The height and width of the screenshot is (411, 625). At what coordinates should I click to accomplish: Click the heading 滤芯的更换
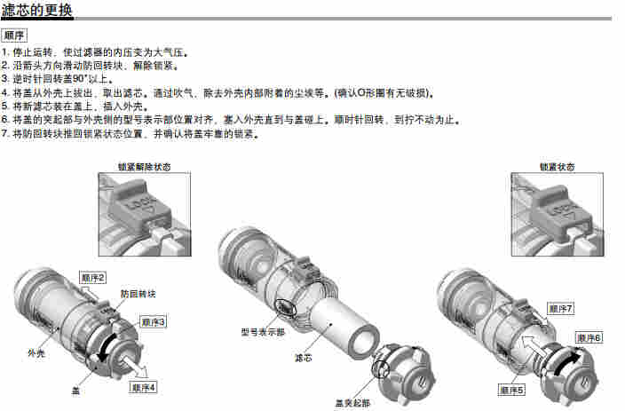point(36,11)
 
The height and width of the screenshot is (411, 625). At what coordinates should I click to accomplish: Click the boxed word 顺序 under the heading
point(14,36)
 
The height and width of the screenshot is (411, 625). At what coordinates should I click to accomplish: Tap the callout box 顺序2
point(93,278)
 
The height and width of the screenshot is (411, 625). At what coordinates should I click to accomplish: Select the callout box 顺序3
point(153,321)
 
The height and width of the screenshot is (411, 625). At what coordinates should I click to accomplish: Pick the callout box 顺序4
point(143,387)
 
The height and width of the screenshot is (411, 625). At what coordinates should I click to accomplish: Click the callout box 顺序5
point(511,390)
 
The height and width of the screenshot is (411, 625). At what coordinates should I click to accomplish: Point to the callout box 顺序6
point(589,337)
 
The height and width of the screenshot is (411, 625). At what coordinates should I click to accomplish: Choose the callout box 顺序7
point(561,308)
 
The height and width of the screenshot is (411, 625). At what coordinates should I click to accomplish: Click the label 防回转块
point(138,294)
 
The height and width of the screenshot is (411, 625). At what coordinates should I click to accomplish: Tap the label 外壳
point(36,352)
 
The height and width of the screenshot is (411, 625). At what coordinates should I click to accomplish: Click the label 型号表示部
point(263,332)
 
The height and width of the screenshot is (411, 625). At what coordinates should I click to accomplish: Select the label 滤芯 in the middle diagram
point(303,358)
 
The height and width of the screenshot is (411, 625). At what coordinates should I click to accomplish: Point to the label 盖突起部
point(352,403)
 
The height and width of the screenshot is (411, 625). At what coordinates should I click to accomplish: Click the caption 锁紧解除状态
point(145,167)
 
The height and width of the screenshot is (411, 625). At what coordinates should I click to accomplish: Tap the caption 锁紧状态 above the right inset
point(558,167)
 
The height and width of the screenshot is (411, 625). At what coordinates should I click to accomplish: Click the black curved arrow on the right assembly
point(566,360)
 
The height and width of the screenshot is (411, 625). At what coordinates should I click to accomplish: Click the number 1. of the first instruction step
point(5,52)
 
